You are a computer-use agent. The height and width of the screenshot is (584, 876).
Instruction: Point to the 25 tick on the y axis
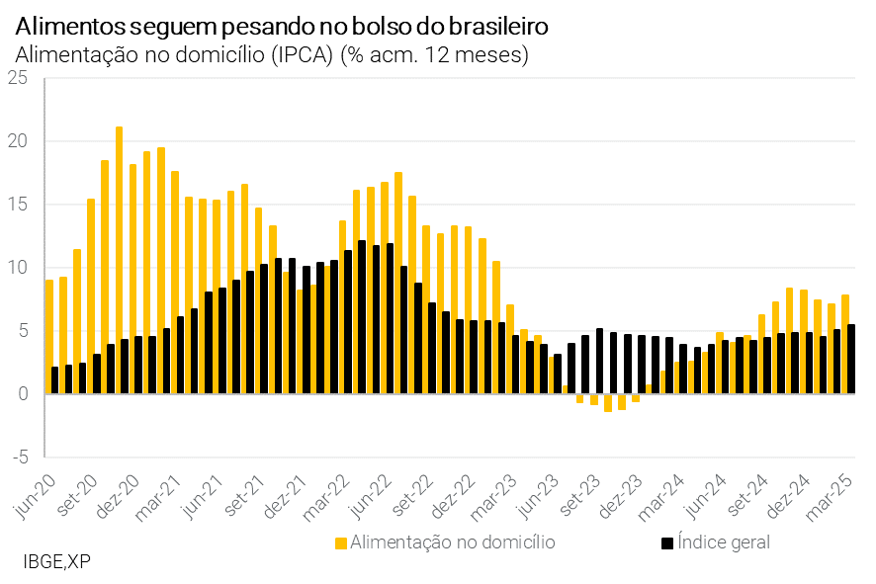(x=18, y=78)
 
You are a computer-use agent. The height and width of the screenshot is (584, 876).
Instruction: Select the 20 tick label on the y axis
(x=18, y=141)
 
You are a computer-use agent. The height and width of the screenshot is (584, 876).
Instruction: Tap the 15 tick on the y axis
(x=18, y=205)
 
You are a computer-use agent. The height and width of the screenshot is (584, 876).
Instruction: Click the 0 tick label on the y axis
(x=23, y=394)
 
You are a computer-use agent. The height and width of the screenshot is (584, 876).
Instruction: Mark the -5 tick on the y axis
(x=18, y=458)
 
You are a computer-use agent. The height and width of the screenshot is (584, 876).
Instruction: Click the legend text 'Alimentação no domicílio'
(x=453, y=542)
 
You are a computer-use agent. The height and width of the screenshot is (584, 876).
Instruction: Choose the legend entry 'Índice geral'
(x=724, y=542)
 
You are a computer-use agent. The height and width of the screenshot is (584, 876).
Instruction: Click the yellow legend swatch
(x=341, y=542)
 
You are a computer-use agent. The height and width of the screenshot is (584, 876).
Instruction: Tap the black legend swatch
(x=667, y=542)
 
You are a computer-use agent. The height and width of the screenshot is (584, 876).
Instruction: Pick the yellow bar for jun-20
(x=48, y=336)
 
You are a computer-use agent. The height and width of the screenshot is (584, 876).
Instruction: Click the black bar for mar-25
(x=851, y=359)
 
